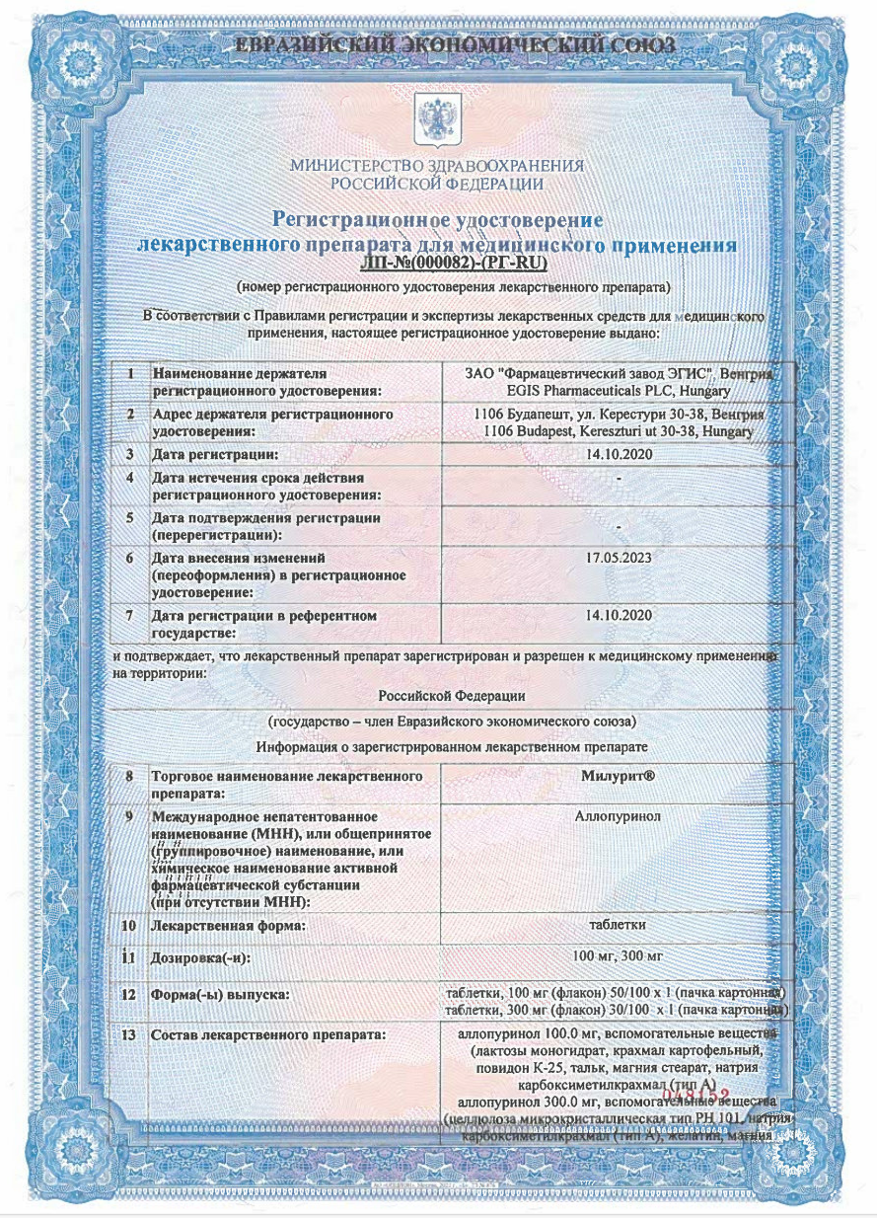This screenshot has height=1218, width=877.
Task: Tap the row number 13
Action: click(x=128, y=1035)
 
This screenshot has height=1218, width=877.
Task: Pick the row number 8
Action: click(x=128, y=777)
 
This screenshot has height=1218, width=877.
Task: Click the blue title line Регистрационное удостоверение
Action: click(x=437, y=219)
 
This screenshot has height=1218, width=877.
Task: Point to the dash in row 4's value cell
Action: click(x=618, y=478)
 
